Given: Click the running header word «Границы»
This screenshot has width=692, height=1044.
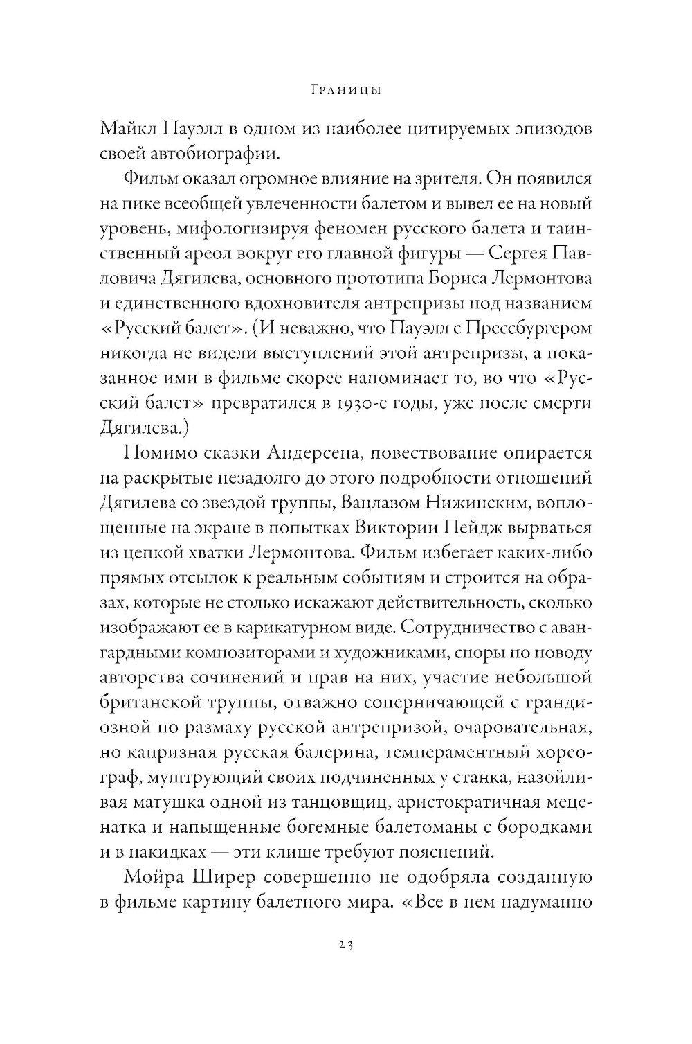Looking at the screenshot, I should tap(346, 91).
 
